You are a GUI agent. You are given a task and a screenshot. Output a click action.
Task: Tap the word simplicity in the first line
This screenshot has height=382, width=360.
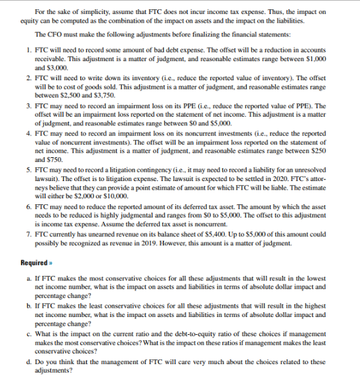(84, 11)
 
